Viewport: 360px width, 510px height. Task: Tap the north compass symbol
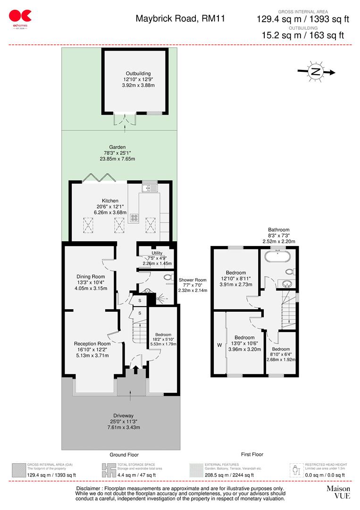click(x=315, y=72)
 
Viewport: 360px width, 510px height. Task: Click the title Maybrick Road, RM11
click(x=180, y=19)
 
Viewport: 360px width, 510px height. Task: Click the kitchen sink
click(x=151, y=188)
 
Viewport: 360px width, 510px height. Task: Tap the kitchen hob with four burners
click(x=134, y=218)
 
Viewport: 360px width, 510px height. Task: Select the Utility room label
click(x=157, y=253)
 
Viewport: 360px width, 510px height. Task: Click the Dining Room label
click(x=91, y=277)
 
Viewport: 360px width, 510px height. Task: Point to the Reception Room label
click(x=92, y=344)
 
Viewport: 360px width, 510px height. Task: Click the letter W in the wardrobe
click(x=219, y=345)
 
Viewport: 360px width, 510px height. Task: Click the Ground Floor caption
click(x=124, y=455)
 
